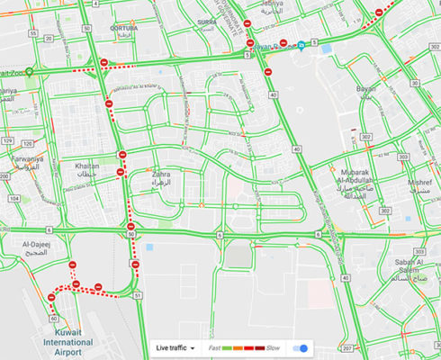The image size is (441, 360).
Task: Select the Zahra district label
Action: pos(162,177)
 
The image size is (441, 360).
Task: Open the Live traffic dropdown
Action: pos(175,346)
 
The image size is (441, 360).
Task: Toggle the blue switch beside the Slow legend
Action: pos(303,347)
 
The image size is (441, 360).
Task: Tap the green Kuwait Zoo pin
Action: pos(30,73)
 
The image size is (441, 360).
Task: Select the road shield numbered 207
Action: pos(347,347)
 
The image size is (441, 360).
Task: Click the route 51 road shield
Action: pos(138,294)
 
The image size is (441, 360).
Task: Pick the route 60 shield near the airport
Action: pos(54,318)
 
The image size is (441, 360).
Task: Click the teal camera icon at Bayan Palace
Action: pos(303,44)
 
